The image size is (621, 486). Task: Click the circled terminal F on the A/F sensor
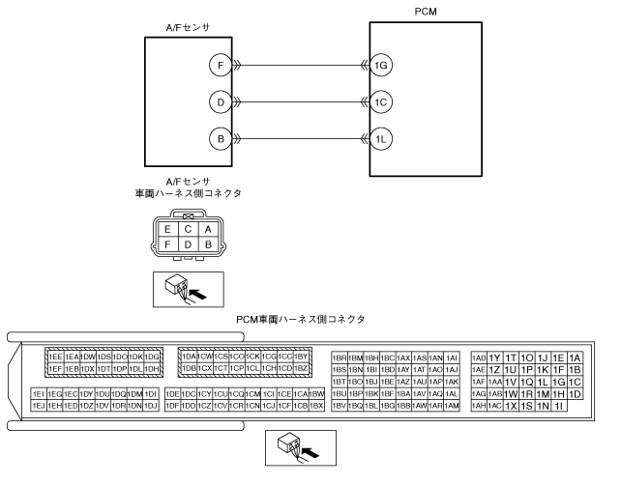point(221,66)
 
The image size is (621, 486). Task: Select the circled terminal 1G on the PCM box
point(383,66)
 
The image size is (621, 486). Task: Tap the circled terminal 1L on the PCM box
point(383,139)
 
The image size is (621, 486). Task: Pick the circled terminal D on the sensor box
point(221,102)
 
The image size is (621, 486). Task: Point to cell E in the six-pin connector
point(168,229)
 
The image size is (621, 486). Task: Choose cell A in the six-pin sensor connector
point(207,229)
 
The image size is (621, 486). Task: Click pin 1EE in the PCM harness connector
point(56,357)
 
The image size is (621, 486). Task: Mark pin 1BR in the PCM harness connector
point(340,357)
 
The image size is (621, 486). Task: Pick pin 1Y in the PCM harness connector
point(495,357)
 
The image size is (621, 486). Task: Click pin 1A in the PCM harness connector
point(576,357)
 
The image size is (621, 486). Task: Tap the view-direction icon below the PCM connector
point(297,446)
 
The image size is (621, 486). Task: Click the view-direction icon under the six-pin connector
point(189,286)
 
